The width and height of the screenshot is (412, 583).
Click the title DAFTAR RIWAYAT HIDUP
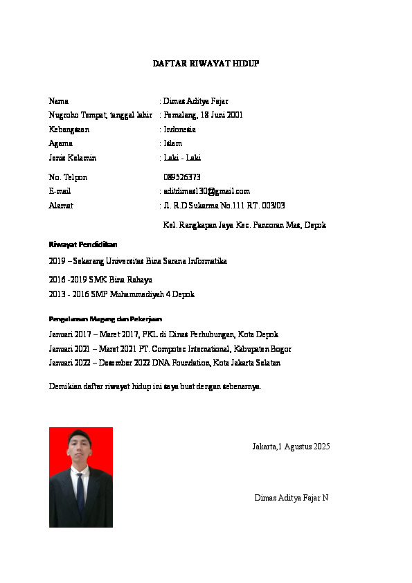(x=206, y=64)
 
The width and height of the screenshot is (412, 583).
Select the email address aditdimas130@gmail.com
(x=206, y=191)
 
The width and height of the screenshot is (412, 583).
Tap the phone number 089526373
(x=182, y=177)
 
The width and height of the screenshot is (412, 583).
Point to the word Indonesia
(x=179, y=129)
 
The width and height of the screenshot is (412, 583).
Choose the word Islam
(x=173, y=143)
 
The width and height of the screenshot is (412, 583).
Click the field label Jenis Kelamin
(x=72, y=158)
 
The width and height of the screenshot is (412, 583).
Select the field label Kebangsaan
(x=69, y=129)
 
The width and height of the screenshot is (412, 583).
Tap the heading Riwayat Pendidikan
(x=83, y=245)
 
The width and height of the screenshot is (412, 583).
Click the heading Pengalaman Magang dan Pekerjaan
(x=105, y=319)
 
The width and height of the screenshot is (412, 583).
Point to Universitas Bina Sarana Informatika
(x=169, y=261)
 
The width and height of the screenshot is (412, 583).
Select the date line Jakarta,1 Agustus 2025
(x=291, y=447)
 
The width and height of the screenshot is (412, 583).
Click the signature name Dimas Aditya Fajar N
(x=291, y=498)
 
